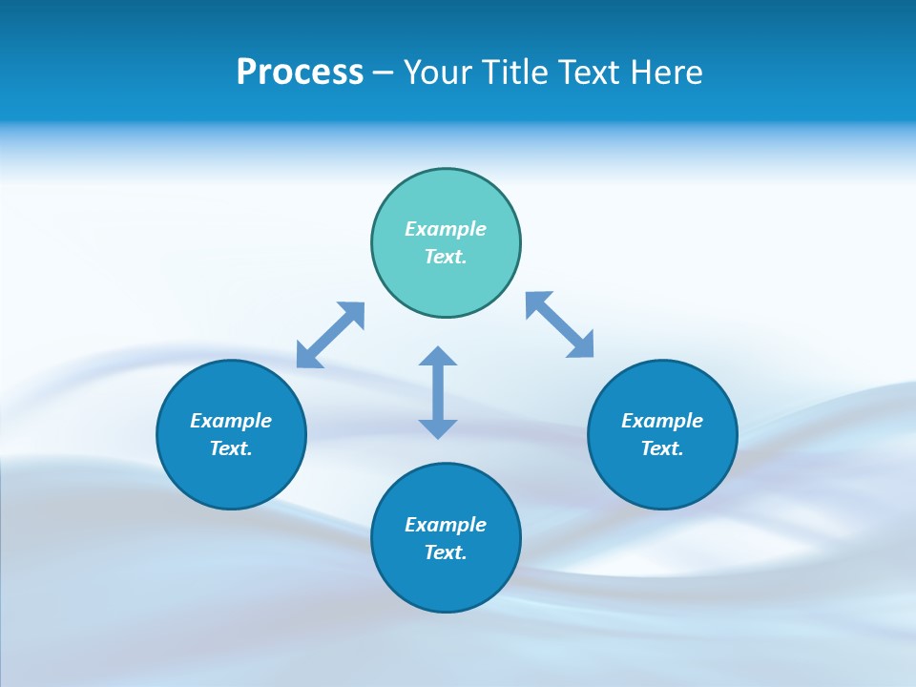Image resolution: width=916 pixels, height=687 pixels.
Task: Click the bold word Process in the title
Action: point(300,73)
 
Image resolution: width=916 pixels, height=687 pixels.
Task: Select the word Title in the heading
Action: point(516,73)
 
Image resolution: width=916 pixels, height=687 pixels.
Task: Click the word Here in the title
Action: point(668,73)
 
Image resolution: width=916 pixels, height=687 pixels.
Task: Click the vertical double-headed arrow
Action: point(438,392)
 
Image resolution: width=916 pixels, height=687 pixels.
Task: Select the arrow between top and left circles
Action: point(330,335)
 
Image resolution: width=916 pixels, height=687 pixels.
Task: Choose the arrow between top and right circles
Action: point(560,325)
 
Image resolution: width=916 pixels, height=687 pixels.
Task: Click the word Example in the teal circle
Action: point(446,229)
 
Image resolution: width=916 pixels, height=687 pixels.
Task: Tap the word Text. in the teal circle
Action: point(446,257)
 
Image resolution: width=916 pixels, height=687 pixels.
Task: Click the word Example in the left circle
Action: point(231,421)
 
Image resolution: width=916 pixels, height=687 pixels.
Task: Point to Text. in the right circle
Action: point(662,448)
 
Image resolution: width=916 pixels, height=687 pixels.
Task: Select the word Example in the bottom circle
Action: point(446,525)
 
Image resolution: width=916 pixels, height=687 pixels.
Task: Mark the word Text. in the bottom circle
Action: point(446,552)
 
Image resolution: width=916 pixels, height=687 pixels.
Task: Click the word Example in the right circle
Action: point(662,421)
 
